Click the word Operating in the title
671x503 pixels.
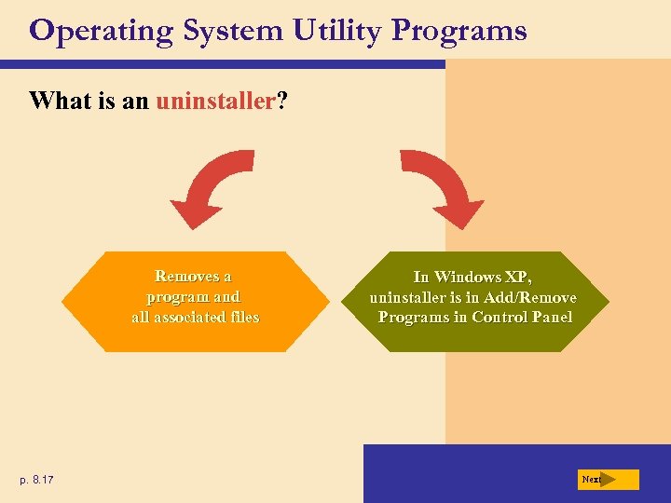(x=102, y=32)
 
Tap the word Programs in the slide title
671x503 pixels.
(x=459, y=32)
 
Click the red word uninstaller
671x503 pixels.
(x=212, y=101)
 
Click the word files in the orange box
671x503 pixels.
(x=239, y=318)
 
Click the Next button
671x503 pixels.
(x=607, y=480)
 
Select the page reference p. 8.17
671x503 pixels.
(x=36, y=480)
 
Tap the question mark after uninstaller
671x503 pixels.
(x=281, y=101)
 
